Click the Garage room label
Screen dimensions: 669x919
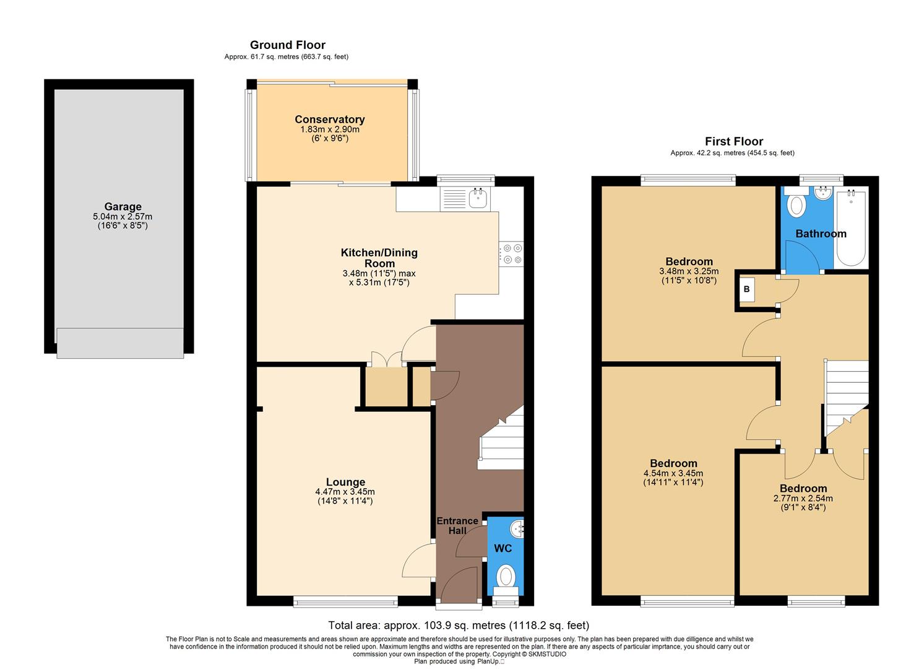tap(123, 207)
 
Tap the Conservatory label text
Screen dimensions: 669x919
tap(329, 120)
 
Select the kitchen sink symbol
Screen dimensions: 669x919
tap(478, 199)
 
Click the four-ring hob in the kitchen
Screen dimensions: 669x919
tap(511, 254)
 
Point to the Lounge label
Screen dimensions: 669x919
tap(345, 482)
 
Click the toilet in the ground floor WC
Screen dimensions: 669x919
tap(506, 576)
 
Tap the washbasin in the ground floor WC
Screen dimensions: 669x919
tap(517, 529)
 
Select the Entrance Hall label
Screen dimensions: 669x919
tap(457, 525)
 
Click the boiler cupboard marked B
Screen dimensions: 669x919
tap(746, 289)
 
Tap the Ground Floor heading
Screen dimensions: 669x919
tap(287, 45)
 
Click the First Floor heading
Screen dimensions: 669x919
tap(734, 141)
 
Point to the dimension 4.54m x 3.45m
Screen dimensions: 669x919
tap(673, 473)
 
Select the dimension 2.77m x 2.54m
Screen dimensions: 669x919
tap(803, 498)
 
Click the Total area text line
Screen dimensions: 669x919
tap(458, 625)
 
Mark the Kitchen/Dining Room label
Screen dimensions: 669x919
tap(379, 258)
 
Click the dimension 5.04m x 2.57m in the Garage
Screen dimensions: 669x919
tap(123, 217)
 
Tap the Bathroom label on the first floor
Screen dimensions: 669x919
tap(821, 234)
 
